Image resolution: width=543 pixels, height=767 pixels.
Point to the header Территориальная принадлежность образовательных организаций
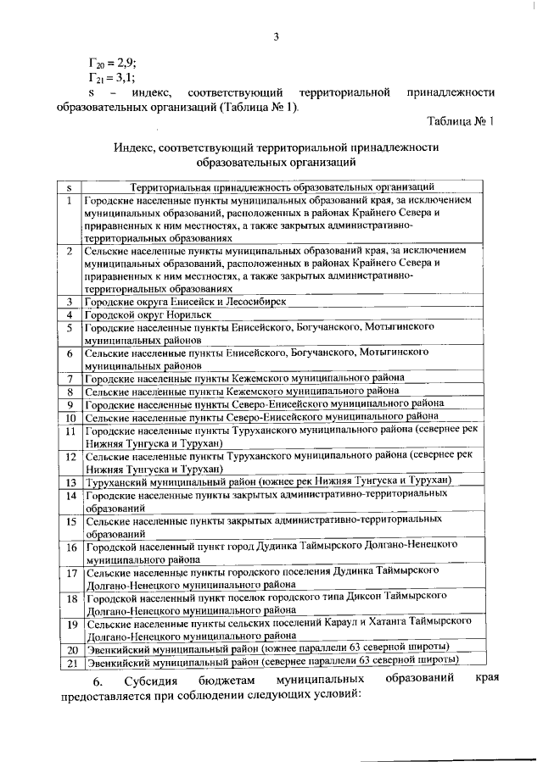[282, 186]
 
